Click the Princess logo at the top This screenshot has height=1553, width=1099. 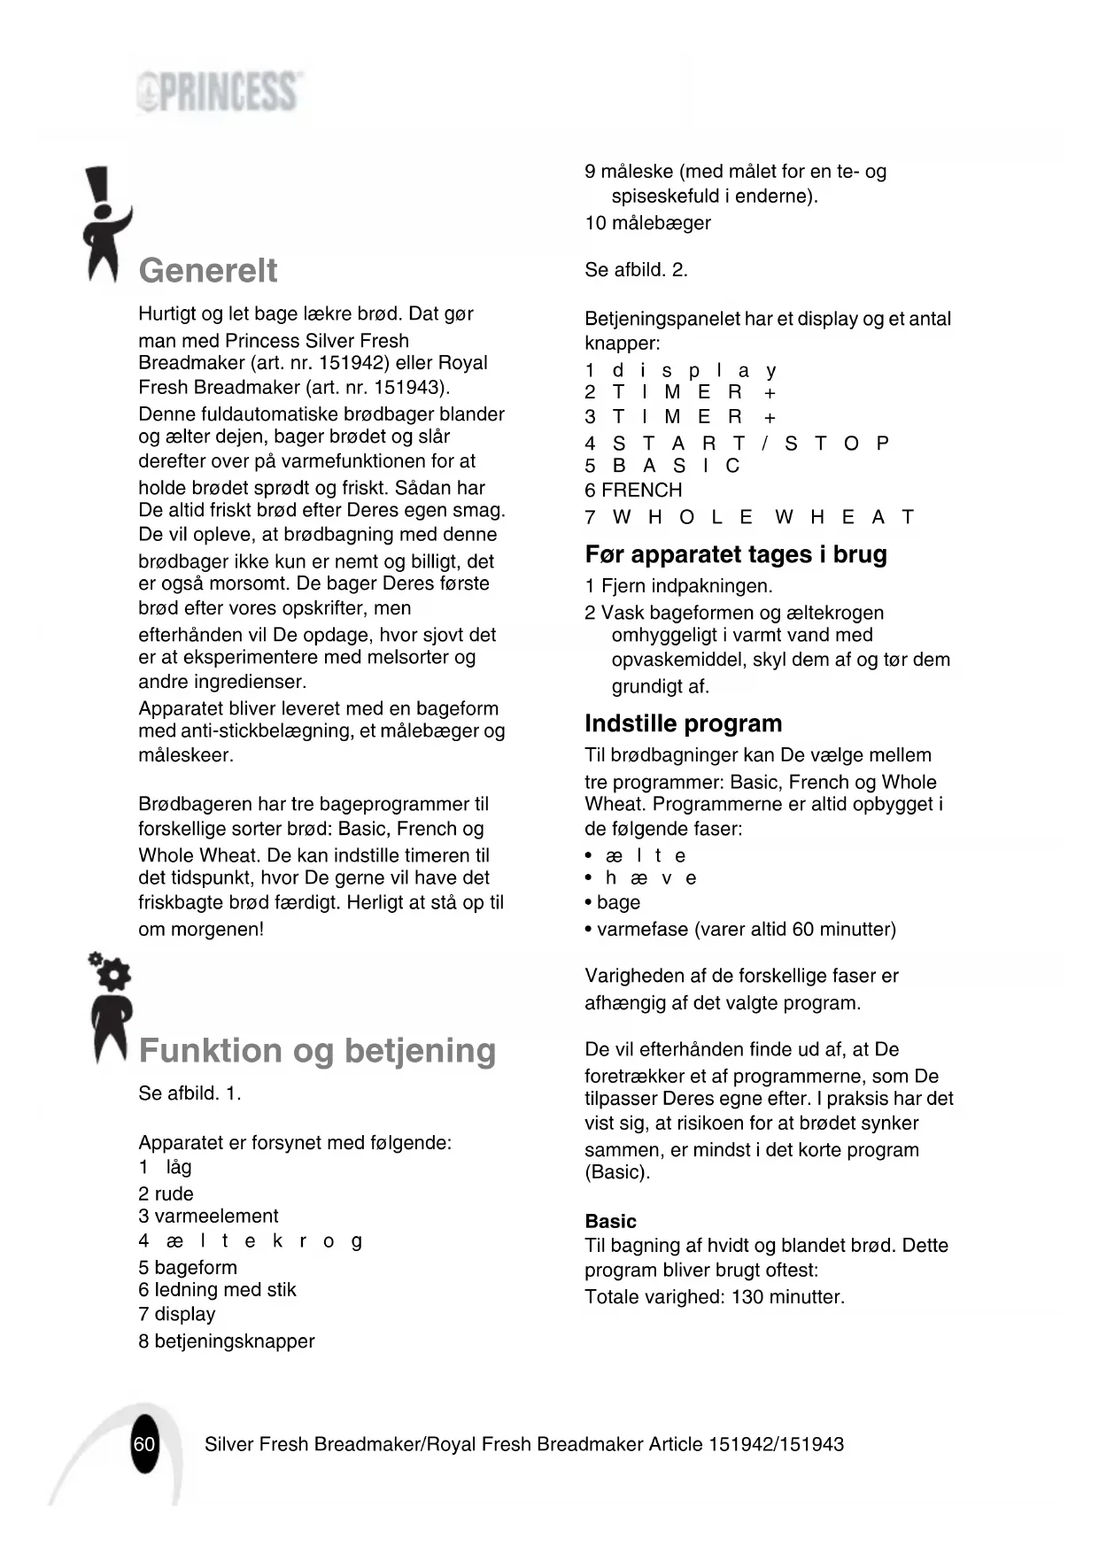pyautogui.click(x=219, y=92)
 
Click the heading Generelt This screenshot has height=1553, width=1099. pyautogui.click(x=208, y=270)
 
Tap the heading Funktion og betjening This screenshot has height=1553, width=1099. pyautogui.click(x=317, y=1050)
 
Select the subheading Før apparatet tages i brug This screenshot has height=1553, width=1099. pyautogui.click(x=735, y=554)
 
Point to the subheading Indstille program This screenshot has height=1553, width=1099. pyautogui.click(x=683, y=723)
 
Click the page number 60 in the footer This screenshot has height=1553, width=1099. pyautogui.click(x=144, y=1444)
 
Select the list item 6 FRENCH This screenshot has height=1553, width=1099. pyautogui.click(x=633, y=491)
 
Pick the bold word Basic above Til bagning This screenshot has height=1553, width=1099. pyautogui.click(x=610, y=1221)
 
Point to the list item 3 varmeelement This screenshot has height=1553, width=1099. pyautogui.click(x=208, y=1216)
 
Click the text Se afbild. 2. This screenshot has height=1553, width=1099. pyautogui.click(x=636, y=270)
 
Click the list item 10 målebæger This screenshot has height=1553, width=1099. pyautogui.click(x=647, y=223)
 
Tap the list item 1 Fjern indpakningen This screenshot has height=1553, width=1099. pyautogui.click(x=678, y=585)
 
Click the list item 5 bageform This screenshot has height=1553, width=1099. pyautogui.click(x=188, y=1267)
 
